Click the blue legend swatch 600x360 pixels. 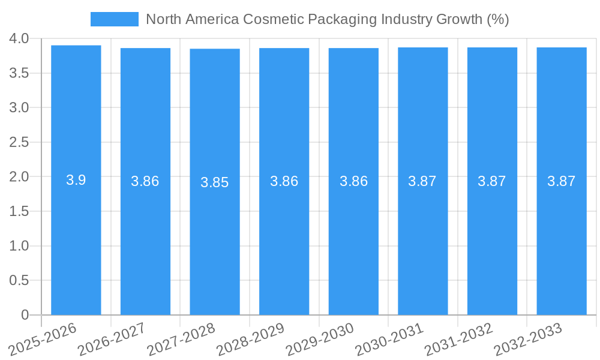pyautogui.click(x=114, y=19)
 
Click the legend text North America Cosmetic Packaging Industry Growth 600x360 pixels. pyautogui.click(x=327, y=19)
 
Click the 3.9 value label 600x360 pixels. pyautogui.click(x=76, y=180)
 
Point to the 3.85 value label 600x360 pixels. pyautogui.click(x=215, y=182)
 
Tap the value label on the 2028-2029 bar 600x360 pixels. pyautogui.click(x=284, y=181)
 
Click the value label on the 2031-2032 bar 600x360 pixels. pyautogui.click(x=492, y=181)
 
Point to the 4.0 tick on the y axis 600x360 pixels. pyautogui.click(x=19, y=38)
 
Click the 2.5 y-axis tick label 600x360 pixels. pyautogui.click(x=19, y=142)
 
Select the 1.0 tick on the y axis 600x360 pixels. pyautogui.click(x=19, y=246)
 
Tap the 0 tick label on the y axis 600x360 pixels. pyautogui.click(x=25, y=315)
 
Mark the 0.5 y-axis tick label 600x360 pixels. pyautogui.click(x=19, y=280)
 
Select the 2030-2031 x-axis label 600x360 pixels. pyautogui.click(x=388, y=338)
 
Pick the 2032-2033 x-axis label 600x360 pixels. pyautogui.click(x=527, y=338)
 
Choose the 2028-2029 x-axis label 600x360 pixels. pyautogui.click(x=250, y=338)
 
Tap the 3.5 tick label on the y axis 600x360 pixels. pyautogui.click(x=19, y=73)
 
